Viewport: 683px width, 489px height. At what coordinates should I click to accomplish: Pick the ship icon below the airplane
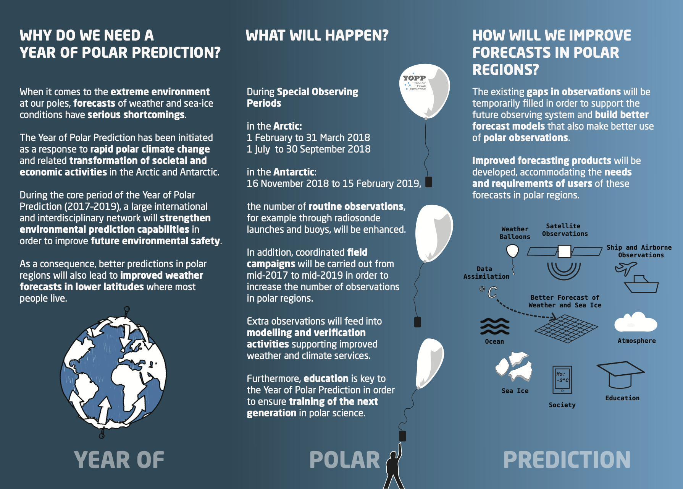point(641,284)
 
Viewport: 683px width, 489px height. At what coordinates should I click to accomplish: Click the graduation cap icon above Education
point(620,375)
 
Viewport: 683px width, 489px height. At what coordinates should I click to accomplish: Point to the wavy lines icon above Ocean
point(495,326)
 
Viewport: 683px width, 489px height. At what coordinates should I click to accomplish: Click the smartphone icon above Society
point(562,380)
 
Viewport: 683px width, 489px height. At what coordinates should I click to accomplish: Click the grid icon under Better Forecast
point(566,328)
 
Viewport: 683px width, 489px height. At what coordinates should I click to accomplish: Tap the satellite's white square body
point(565,251)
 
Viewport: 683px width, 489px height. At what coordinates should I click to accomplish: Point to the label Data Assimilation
point(486,273)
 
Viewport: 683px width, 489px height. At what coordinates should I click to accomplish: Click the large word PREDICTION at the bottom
point(567,460)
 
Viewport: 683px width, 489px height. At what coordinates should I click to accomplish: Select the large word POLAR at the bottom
point(344,460)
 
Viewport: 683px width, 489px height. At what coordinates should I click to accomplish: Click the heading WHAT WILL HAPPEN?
point(317,36)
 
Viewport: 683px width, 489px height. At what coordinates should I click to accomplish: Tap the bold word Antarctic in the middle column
point(294,172)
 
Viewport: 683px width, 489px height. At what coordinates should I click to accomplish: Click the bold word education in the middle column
point(326,379)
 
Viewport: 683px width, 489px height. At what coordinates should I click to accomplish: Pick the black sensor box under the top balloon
point(429,182)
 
